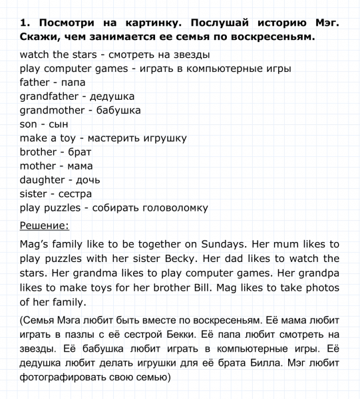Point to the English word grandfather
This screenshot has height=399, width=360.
(51, 96)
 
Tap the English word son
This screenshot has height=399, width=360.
(30, 124)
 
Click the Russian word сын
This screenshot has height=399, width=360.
(59, 124)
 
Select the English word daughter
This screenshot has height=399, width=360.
(42, 180)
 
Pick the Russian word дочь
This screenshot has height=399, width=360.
(89, 180)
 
